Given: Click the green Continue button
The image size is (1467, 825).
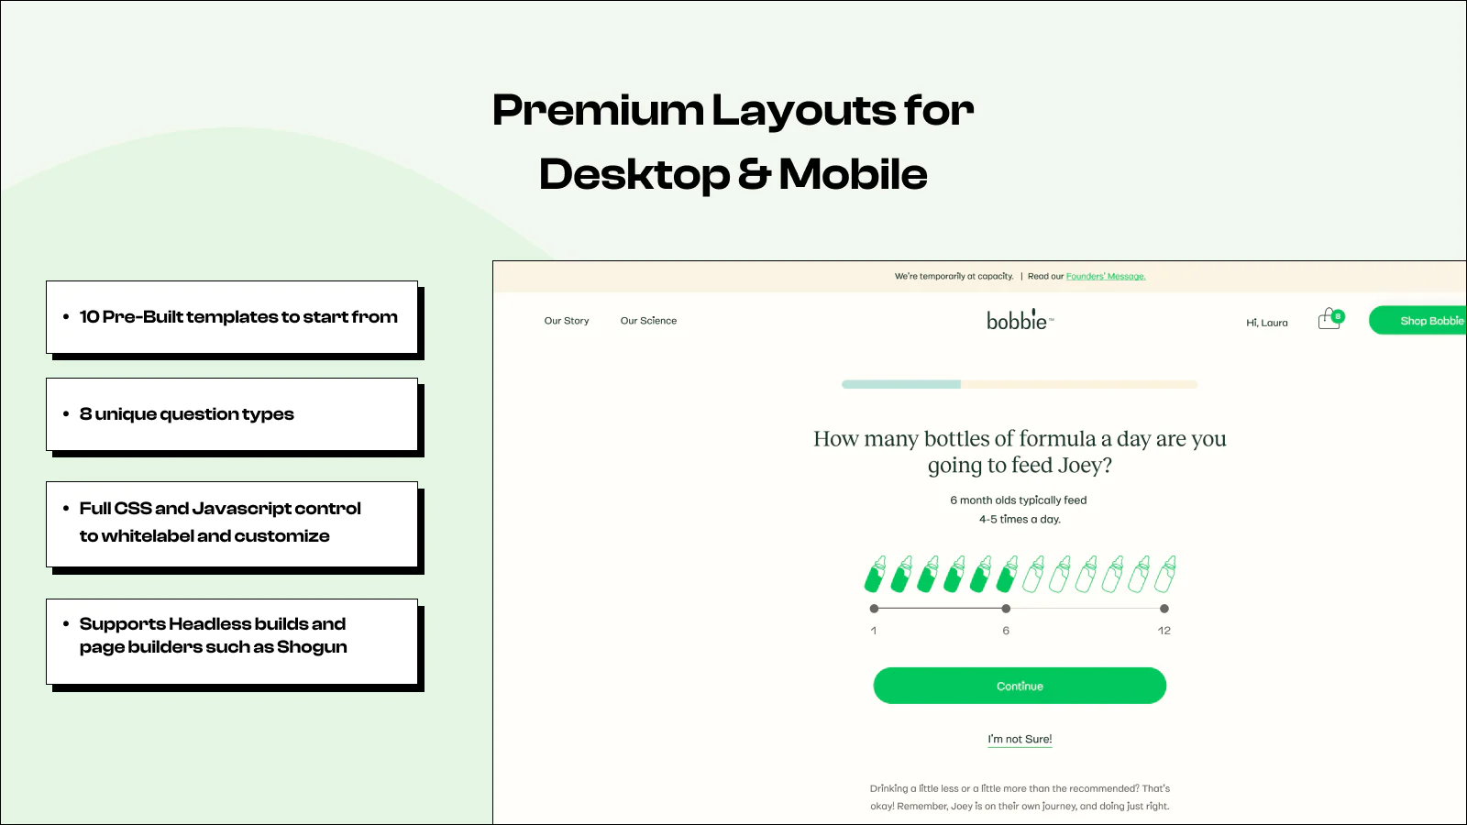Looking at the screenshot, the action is (1020, 686).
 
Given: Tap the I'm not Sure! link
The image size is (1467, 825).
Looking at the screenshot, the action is (1020, 739).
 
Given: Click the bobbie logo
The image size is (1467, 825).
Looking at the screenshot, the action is (1020, 320).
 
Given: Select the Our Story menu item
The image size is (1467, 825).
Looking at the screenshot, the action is (567, 321).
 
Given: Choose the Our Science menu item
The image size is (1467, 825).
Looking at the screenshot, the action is (648, 321).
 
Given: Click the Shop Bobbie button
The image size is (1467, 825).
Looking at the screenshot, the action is (1417, 320).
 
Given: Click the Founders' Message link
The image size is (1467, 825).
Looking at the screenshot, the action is (1106, 276).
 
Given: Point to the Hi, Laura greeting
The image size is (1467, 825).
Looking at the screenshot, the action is (1266, 322).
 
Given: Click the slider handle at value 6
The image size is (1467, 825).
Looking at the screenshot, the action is (1006, 609).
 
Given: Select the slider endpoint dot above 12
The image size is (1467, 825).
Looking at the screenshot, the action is (1164, 609).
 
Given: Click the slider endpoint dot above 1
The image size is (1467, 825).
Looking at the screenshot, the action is (874, 609).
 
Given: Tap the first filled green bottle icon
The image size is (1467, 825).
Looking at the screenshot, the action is (876, 574).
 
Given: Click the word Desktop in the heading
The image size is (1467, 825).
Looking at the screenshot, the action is (634, 175).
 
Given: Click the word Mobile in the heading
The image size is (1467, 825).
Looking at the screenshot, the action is (853, 175).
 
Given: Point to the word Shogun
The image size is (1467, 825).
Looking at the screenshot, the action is (312, 647).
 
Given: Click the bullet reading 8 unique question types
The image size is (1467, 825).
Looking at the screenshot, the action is (187, 414).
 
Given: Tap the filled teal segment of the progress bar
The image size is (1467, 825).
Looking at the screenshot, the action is (901, 384).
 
